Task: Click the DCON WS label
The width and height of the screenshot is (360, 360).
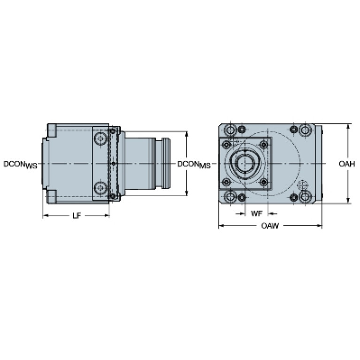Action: coord(20,164)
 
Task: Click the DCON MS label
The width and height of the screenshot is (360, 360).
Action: coord(194,164)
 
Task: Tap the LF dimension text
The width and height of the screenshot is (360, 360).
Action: coord(77,215)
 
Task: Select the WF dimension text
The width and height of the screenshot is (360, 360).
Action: coord(256,214)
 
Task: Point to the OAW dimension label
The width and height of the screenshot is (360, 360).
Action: coord(270,226)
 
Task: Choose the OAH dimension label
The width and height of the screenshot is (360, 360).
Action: coord(347,164)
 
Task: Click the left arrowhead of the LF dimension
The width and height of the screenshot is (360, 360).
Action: coord(46,215)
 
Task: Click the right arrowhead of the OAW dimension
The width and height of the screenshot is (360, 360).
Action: coord(319,226)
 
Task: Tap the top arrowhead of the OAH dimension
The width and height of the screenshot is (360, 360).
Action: coord(349,127)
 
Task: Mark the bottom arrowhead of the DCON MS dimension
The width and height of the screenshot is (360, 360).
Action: coord(186,193)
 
